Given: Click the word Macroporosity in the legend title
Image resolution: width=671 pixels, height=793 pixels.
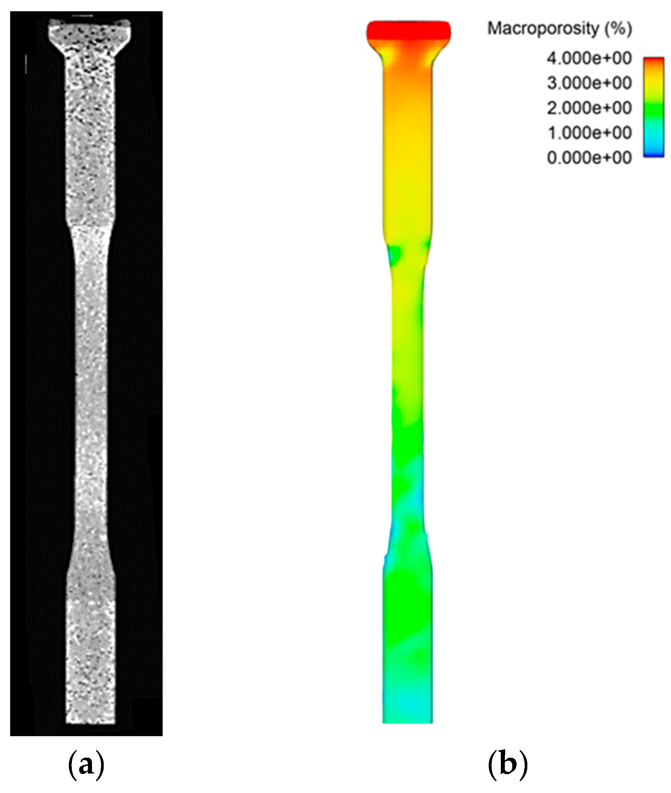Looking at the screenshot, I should (543, 29).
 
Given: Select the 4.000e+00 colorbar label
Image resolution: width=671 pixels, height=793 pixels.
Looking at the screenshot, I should (589, 58).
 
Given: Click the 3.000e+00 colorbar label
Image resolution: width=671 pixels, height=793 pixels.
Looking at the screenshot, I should (589, 83).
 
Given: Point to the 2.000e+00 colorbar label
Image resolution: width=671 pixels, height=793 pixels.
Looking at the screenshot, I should (589, 108).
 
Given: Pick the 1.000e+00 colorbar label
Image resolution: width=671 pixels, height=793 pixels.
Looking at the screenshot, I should (589, 133).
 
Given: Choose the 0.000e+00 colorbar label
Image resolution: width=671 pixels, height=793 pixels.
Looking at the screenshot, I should (589, 158).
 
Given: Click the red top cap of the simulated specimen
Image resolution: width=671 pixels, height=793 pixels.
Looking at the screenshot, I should (408, 31).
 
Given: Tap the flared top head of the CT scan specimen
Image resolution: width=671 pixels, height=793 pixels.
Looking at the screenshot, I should (90, 34).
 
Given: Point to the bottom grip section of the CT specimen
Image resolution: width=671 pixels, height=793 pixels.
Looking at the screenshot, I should (91, 647).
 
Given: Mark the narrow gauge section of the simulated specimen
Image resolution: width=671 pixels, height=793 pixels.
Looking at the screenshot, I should (408, 381).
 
